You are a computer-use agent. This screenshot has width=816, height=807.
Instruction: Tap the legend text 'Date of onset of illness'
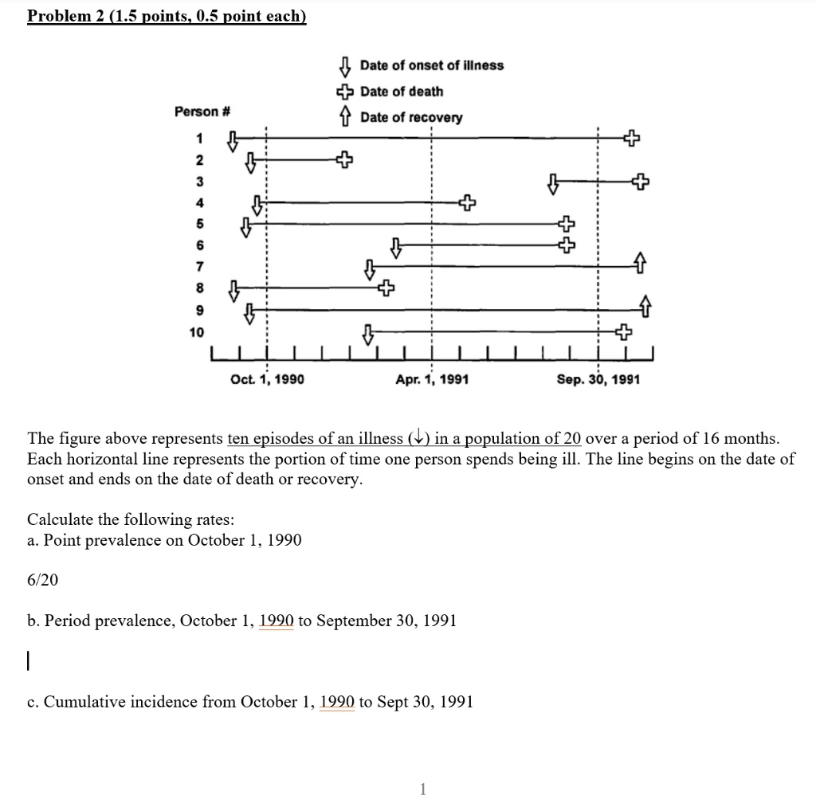tap(431, 65)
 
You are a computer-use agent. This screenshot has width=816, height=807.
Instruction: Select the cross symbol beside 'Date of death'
tap(345, 92)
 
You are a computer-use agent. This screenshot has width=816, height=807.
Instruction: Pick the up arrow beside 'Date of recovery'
tap(345, 117)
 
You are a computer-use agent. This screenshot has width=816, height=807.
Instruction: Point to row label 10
tap(196, 331)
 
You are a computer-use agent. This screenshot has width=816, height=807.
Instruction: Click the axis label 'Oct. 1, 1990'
tap(267, 380)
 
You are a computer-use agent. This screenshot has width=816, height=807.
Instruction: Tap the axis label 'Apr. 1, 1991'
tap(432, 380)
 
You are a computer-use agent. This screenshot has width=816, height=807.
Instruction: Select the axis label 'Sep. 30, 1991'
tap(598, 380)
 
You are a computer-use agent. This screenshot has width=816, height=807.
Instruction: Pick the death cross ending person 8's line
tap(386, 286)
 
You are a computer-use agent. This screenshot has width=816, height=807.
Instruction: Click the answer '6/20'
tap(43, 580)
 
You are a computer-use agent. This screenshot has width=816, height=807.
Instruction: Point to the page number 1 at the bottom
tap(422, 789)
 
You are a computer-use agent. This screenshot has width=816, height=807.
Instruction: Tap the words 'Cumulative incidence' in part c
tap(120, 702)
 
